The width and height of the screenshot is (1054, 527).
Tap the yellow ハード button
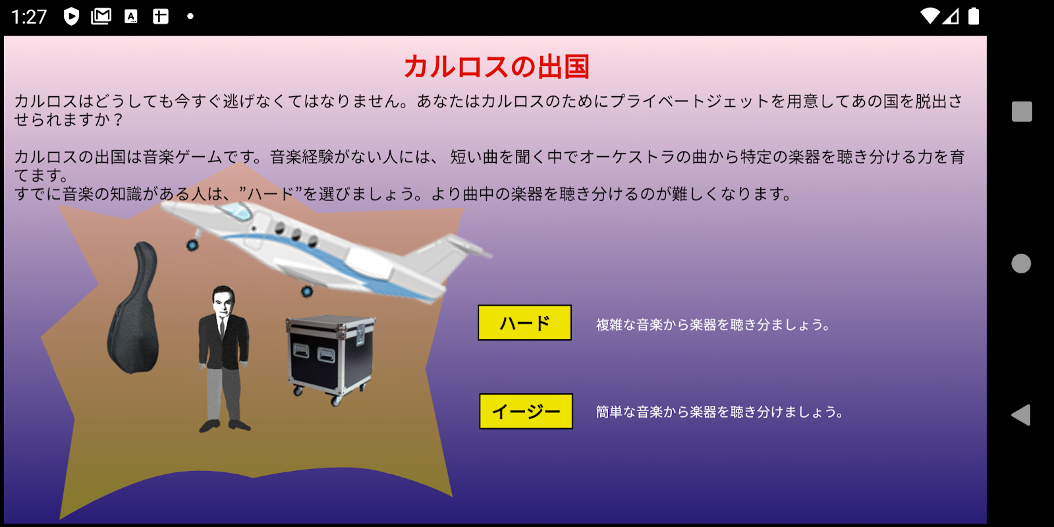point(524,323)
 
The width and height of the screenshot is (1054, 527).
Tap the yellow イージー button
point(526,411)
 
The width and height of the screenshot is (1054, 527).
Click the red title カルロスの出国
point(497,67)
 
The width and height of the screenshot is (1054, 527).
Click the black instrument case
point(134,308)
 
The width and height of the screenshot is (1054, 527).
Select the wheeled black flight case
point(330,358)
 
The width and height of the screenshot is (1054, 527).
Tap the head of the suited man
point(223,301)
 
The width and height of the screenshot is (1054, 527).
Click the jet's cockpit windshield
point(235,211)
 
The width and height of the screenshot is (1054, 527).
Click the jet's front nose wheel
point(192,244)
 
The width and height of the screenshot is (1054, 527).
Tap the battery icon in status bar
point(974,16)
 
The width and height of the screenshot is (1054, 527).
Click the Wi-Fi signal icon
point(929,16)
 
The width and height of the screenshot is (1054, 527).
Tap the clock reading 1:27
point(29,17)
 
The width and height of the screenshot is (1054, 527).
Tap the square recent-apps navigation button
point(1022,111)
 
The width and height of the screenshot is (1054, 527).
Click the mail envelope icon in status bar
point(101,16)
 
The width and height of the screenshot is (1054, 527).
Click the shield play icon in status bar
point(71,16)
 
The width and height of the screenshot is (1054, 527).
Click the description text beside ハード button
point(713,324)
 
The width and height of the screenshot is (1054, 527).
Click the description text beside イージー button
point(719,412)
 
